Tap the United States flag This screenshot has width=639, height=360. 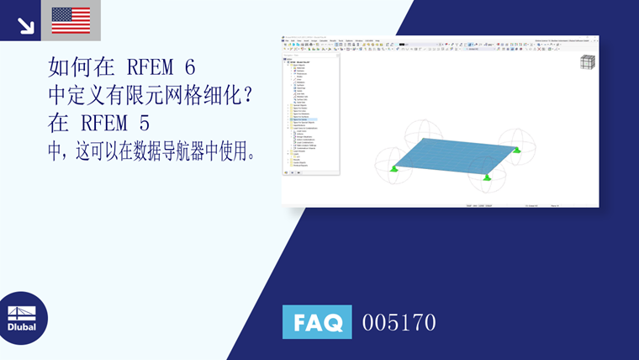71,20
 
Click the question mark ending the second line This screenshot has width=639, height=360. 246,95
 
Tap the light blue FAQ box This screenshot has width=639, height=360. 316,321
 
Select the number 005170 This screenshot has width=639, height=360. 399,322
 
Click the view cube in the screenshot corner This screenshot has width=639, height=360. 587,62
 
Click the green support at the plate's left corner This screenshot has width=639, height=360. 393,168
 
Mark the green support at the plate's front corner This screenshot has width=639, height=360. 487,177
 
